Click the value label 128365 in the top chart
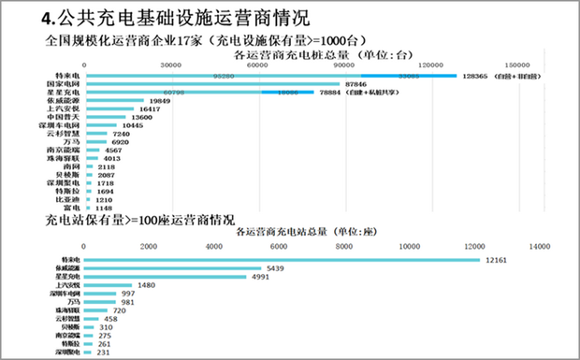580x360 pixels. (477, 77)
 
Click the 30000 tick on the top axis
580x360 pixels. (170, 65)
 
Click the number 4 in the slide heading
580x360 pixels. (48, 18)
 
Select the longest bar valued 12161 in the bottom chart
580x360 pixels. (281, 260)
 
